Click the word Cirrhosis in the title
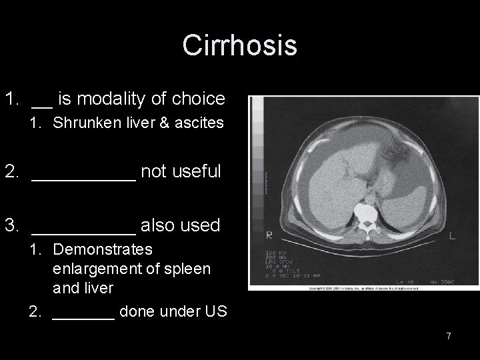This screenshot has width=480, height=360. pyautogui.click(x=239, y=46)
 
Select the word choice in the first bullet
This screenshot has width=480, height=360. pyautogui.click(x=199, y=99)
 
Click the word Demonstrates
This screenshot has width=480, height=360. pyautogui.click(x=102, y=250)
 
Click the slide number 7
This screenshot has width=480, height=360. pyautogui.click(x=449, y=336)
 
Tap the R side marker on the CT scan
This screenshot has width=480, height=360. pyautogui.click(x=269, y=235)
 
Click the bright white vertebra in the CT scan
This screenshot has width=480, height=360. pyautogui.click(x=366, y=213)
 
